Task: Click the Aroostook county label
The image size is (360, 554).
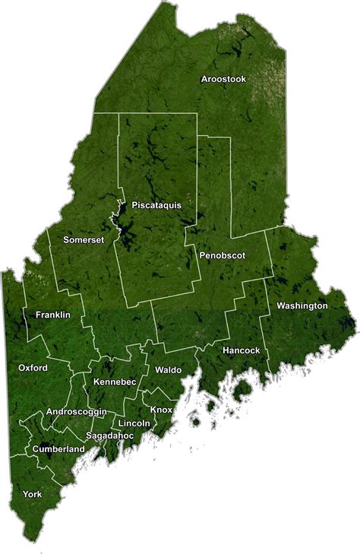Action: [223, 79]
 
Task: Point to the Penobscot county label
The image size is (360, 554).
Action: [223, 256]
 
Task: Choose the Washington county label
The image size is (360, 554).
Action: [302, 305]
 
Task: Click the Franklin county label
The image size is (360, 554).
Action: [53, 315]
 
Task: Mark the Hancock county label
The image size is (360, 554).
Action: [242, 350]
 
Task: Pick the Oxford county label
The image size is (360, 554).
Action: [33, 368]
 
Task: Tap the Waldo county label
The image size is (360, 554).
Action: [168, 369]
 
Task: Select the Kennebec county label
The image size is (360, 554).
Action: [115, 381]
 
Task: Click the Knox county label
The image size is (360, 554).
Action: [161, 410]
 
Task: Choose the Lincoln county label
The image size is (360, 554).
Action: [134, 423]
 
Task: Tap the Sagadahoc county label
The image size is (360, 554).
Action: [110, 435]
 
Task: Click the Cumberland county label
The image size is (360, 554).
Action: [58, 449]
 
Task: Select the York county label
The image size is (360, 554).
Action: [33, 494]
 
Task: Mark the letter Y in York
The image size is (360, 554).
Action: [26, 494]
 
